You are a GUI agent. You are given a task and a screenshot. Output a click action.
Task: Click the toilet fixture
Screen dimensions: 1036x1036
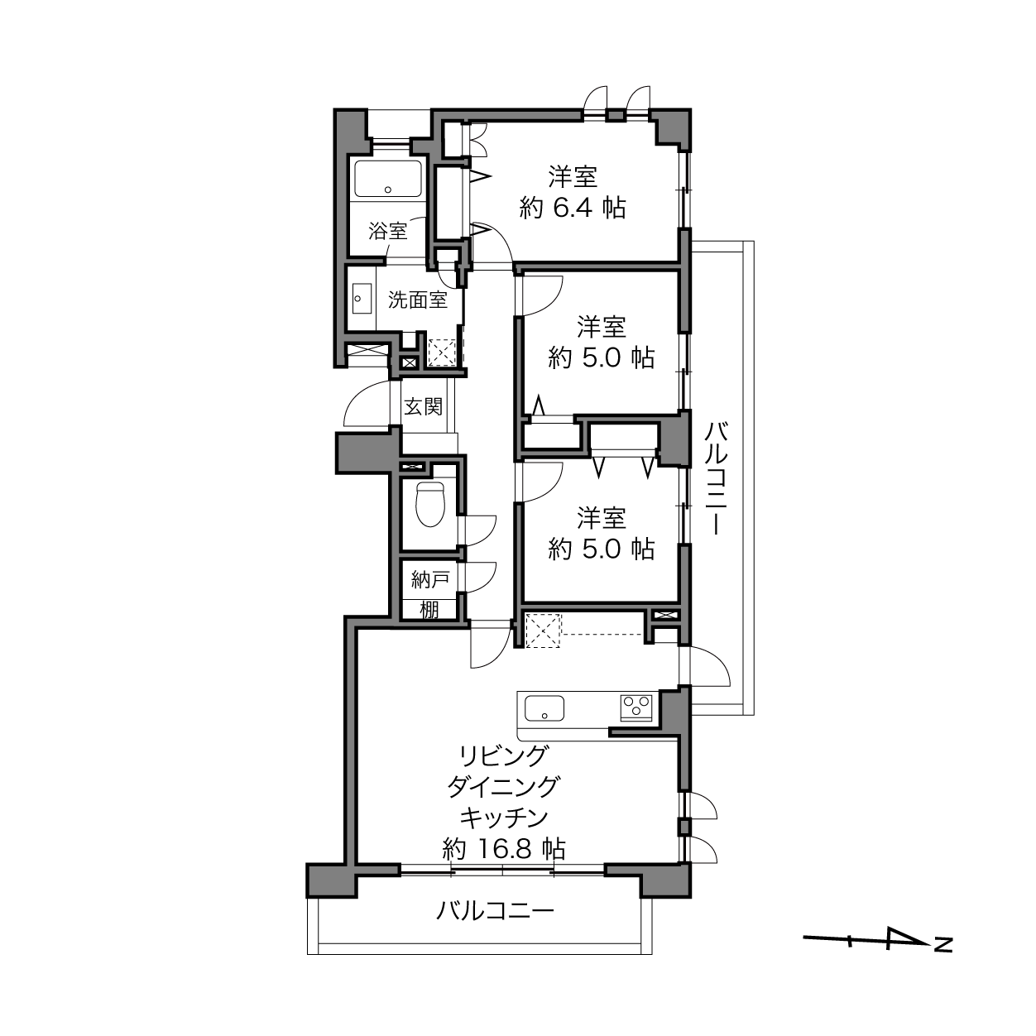coord(431,504)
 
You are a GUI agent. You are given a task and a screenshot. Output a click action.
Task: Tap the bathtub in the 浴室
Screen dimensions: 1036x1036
coord(387,179)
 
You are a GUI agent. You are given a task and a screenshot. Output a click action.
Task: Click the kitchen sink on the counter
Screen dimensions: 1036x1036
coord(544,708)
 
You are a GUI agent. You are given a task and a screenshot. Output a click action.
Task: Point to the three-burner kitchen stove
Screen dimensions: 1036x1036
coord(636,707)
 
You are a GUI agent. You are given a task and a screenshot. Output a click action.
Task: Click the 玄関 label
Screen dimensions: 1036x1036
coord(423,406)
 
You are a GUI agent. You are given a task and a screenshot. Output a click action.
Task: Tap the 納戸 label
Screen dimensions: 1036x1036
coord(429,580)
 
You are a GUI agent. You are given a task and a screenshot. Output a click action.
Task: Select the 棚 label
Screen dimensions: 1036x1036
coord(429,610)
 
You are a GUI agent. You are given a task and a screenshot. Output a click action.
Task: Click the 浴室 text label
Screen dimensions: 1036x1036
coord(387,231)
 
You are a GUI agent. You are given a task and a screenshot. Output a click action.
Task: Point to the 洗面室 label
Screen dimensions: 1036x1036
coord(418,300)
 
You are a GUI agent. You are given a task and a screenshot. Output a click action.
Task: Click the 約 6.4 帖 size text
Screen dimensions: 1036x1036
coord(573,207)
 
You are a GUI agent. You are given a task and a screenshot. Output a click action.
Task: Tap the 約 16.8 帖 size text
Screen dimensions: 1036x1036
coord(504,863)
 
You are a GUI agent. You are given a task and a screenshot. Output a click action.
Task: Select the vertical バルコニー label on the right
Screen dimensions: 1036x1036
coord(716,478)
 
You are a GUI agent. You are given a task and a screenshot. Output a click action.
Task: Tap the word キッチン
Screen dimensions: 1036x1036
coord(504,818)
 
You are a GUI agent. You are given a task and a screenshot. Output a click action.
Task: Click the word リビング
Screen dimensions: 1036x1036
coord(504,756)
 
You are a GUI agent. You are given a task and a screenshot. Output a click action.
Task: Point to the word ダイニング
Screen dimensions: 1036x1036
coord(504,787)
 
